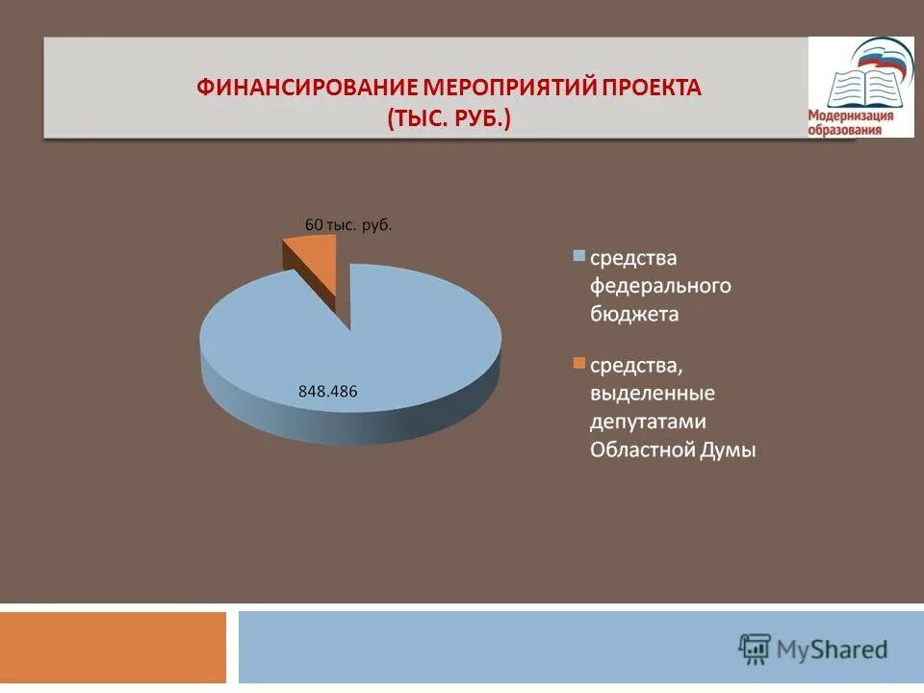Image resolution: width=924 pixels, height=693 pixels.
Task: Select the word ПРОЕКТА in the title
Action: (x=654, y=88)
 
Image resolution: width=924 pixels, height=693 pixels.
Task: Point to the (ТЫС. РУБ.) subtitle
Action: (x=449, y=119)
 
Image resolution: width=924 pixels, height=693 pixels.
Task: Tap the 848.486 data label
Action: (x=327, y=391)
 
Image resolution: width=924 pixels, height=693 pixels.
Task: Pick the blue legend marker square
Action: (x=578, y=257)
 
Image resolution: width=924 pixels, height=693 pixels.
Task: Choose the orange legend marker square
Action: (x=578, y=364)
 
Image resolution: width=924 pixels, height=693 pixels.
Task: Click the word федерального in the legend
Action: (x=660, y=286)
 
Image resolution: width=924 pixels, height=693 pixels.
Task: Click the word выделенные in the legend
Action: (x=652, y=394)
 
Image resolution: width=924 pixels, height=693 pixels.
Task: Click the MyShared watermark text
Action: (x=834, y=649)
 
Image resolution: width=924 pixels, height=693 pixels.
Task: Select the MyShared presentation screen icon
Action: (x=755, y=648)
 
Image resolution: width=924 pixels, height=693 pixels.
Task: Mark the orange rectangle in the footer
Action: (x=113, y=648)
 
